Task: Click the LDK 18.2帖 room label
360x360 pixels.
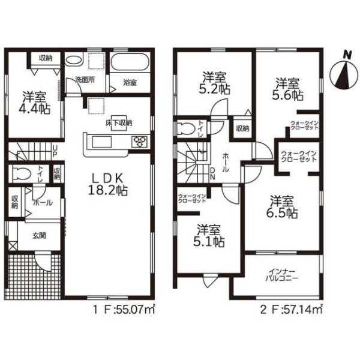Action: [x=108, y=184]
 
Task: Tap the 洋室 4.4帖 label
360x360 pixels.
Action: [x=34, y=103]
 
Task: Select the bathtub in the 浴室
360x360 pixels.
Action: [x=130, y=62]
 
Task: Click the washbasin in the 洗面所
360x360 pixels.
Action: [x=73, y=61]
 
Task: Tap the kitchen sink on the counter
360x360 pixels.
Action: [x=102, y=142]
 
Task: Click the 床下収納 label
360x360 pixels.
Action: [x=119, y=123]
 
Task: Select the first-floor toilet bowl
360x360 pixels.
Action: [x=22, y=174]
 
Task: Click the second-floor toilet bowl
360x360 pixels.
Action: [x=186, y=129]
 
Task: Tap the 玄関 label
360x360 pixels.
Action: [x=39, y=236]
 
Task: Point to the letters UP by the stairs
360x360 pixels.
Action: [x=55, y=151]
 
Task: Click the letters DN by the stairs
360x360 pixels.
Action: [x=212, y=173]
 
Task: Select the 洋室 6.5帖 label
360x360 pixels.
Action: [x=282, y=207]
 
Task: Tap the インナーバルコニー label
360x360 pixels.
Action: [x=282, y=275]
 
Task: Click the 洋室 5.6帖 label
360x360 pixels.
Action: [x=287, y=89]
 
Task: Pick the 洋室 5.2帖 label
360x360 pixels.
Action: [x=214, y=83]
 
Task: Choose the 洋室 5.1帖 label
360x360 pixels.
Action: [x=209, y=236]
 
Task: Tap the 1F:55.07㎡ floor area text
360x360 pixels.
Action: [x=124, y=310]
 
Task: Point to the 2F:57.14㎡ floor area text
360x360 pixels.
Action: [x=292, y=310]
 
